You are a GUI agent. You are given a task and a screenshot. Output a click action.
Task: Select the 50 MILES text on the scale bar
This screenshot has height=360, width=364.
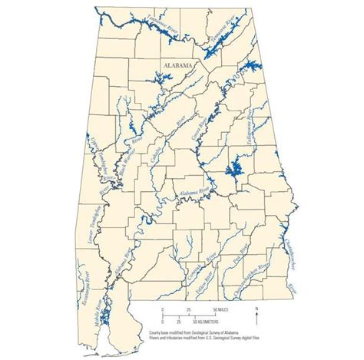click(x=209, y=309)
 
